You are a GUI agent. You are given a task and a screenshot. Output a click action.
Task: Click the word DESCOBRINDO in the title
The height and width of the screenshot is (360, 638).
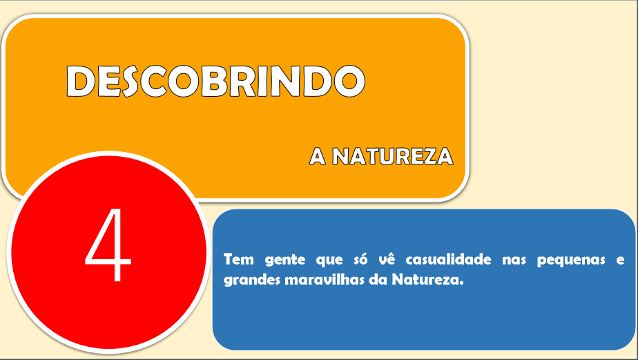tap(215, 81)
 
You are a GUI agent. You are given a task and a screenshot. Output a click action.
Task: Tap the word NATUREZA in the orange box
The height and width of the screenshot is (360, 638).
tap(393, 156)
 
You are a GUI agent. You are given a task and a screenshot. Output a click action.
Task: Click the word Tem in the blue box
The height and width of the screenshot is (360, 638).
tap(239, 259)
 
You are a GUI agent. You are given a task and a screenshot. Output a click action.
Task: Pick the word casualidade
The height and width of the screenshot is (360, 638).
tap(448, 259)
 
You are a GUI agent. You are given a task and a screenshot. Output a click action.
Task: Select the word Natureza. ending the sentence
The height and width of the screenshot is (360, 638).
tap(427, 280)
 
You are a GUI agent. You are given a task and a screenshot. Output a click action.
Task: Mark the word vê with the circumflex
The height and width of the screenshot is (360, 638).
tap(387, 259)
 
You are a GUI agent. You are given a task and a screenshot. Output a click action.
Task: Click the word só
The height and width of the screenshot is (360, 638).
tap(360, 259)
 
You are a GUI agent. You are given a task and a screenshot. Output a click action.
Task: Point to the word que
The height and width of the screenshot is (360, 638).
tap(329, 260)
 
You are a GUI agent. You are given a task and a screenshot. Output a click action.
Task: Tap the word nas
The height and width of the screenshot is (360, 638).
tap(514, 260)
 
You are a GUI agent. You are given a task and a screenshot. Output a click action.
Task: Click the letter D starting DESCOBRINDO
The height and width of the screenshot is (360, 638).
tap(81, 81)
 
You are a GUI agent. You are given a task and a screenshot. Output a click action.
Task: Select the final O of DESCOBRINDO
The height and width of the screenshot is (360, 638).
tap(349, 81)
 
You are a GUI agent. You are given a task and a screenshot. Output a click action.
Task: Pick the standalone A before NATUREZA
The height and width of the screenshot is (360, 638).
tap(318, 156)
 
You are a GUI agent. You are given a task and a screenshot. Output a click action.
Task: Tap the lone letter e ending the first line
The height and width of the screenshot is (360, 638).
tap(621, 260)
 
